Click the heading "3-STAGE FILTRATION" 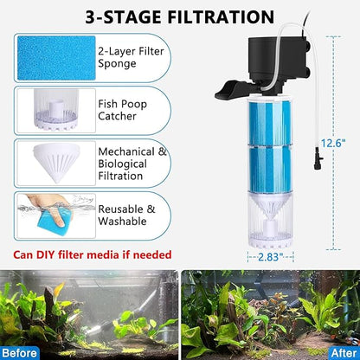tap(180, 16)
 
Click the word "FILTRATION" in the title tap(220, 16)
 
